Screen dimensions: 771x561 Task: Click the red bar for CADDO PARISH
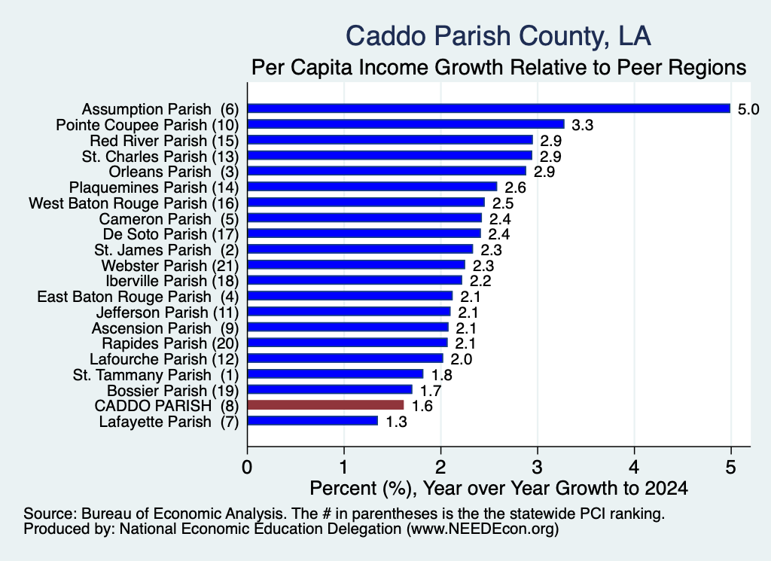325,405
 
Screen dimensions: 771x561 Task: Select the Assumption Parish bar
489,108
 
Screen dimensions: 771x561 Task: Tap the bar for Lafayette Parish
312,421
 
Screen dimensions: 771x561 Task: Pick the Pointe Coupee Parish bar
406,124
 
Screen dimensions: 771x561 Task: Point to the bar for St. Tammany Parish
335,374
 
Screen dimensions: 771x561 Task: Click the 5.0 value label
748,109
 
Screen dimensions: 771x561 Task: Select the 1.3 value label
396,422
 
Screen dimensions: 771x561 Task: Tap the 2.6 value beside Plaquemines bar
515,188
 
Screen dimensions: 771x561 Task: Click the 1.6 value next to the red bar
422,406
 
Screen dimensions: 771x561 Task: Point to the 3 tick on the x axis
538,467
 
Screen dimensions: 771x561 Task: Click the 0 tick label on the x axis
247,467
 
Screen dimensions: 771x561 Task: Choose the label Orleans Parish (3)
174,172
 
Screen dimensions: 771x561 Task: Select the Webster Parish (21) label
170,266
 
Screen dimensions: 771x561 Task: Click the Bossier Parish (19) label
172,391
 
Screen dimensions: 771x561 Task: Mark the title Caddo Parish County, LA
498,36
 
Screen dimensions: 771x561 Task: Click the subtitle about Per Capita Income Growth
498,67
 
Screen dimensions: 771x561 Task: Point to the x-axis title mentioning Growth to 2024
498,488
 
